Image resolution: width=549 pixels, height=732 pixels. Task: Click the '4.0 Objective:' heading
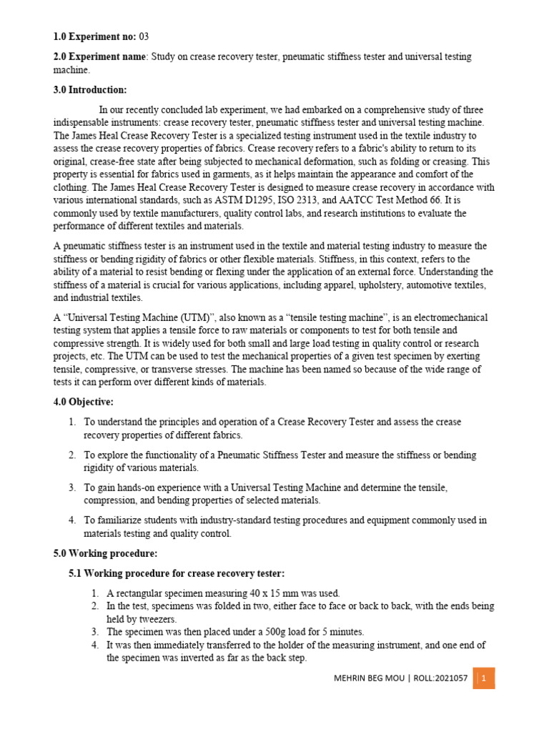(x=83, y=402)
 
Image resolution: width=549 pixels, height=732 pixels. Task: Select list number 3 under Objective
(x=72, y=488)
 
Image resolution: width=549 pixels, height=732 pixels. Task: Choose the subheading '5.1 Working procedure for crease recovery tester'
(x=177, y=573)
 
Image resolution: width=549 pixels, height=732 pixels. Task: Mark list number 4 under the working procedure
(x=95, y=645)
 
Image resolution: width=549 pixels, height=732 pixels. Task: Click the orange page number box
(x=484, y=678)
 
